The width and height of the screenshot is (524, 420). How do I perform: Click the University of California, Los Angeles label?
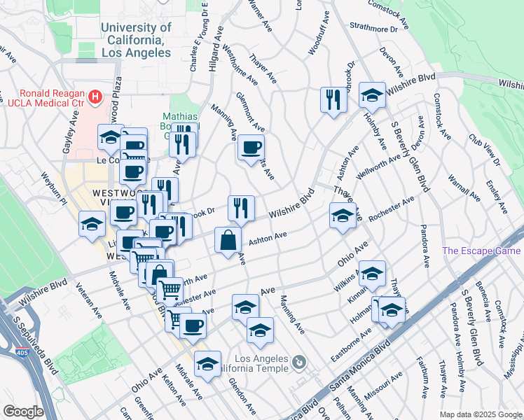coord(136,40)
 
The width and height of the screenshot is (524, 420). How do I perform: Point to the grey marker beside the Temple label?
coord(300,362)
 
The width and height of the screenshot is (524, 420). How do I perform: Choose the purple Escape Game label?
coord(483,251)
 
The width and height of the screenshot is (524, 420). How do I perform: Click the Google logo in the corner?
coord(23,412)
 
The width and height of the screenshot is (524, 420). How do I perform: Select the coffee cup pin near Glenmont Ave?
coord(251,148)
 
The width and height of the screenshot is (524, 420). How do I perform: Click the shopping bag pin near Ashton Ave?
coord(229,241)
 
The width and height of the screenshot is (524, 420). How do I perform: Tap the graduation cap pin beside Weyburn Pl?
coord(92,224)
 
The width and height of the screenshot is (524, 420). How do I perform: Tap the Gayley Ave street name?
coord(71,126)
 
